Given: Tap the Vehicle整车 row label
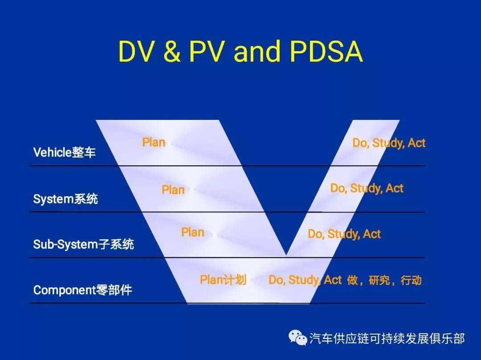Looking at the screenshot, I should pos(65,152).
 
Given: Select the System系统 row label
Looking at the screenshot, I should pos(65,198).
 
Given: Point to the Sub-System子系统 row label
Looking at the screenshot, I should pos(83,244).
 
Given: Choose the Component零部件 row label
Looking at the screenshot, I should pos(83,290).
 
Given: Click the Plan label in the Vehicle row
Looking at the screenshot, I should pos(154,143).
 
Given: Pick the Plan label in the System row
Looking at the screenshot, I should pos(173,190).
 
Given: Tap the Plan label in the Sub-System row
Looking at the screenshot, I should pos(192,233).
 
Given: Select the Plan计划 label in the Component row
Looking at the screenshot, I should pos(223,280).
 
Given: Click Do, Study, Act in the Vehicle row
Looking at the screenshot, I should pos(389,143).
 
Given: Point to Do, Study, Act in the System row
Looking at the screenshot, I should pos(367,188).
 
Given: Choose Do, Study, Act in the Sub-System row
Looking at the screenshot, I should pos(344,234).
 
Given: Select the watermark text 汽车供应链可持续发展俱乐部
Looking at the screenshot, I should pos(387,339).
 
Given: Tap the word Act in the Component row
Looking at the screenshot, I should pos(333,280).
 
